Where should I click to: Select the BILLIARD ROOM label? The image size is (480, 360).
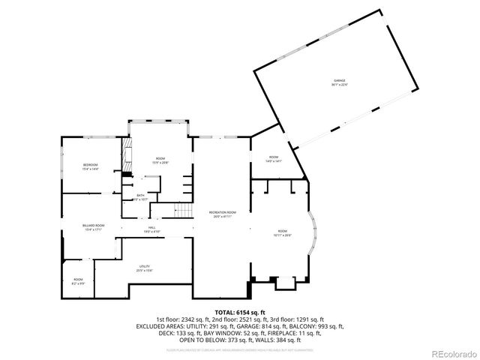(93, 225)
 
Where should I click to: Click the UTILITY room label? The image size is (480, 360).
(144, 266)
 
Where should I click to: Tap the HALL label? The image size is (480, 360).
(151, 227)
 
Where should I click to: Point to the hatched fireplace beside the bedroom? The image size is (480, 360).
(127, 156)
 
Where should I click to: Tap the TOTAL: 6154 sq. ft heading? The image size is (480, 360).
(239, 312)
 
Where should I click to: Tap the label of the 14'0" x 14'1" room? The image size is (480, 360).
(273, 158)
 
